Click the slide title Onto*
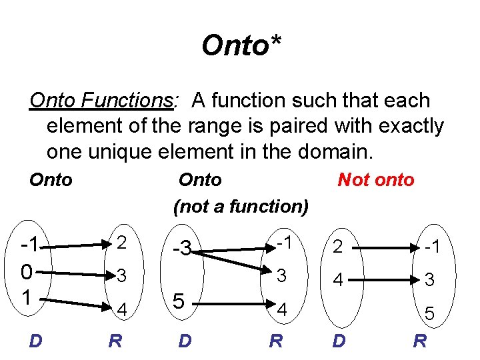[x=241, y=46]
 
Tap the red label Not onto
[x=376, y=179]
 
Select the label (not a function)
[x=241, y=207]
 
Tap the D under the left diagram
[x=36, y=341]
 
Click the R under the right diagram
[x=420, y=341]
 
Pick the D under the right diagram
[x=339, y=341]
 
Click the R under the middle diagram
[x=275, y=341]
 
